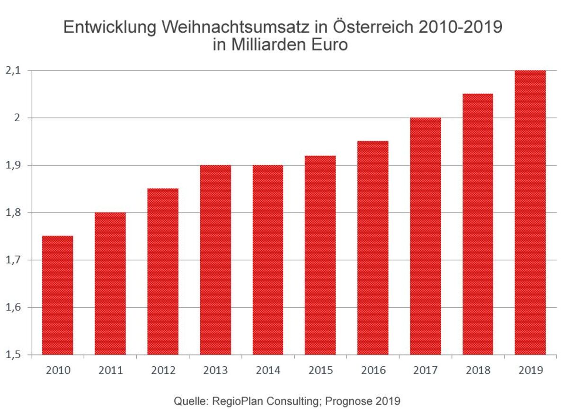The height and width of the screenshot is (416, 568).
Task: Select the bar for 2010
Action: pyautogui.click(x=58, y=295)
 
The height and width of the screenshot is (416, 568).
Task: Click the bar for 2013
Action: pyautogui.click(x=215, y=260)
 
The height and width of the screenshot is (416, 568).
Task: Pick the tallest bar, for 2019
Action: pyautogui.click(x=530, y=212)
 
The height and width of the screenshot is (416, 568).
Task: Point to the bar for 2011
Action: pyautogui.click(x=110, y=283)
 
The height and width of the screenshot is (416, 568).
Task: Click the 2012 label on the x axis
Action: pyautogui.click(x=163, y=370)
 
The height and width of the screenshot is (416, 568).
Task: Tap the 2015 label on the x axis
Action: pyautogui.click(x=320, y=370)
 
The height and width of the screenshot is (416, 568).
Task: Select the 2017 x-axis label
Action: pyautogui.click(x=426, y=370)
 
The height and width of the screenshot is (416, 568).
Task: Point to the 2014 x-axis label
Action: pyautogui.click(x=268, y=370)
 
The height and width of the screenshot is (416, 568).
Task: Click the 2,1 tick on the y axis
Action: pyautogui.click(x=13, y=71)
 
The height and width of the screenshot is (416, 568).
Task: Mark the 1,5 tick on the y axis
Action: pyautogui.click(x=13, y=355)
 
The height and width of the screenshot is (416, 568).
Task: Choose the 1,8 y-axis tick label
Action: pyautogui.click(x=13, y=212)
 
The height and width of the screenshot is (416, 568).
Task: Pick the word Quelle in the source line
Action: pyautogui.click(x=188, y=401)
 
